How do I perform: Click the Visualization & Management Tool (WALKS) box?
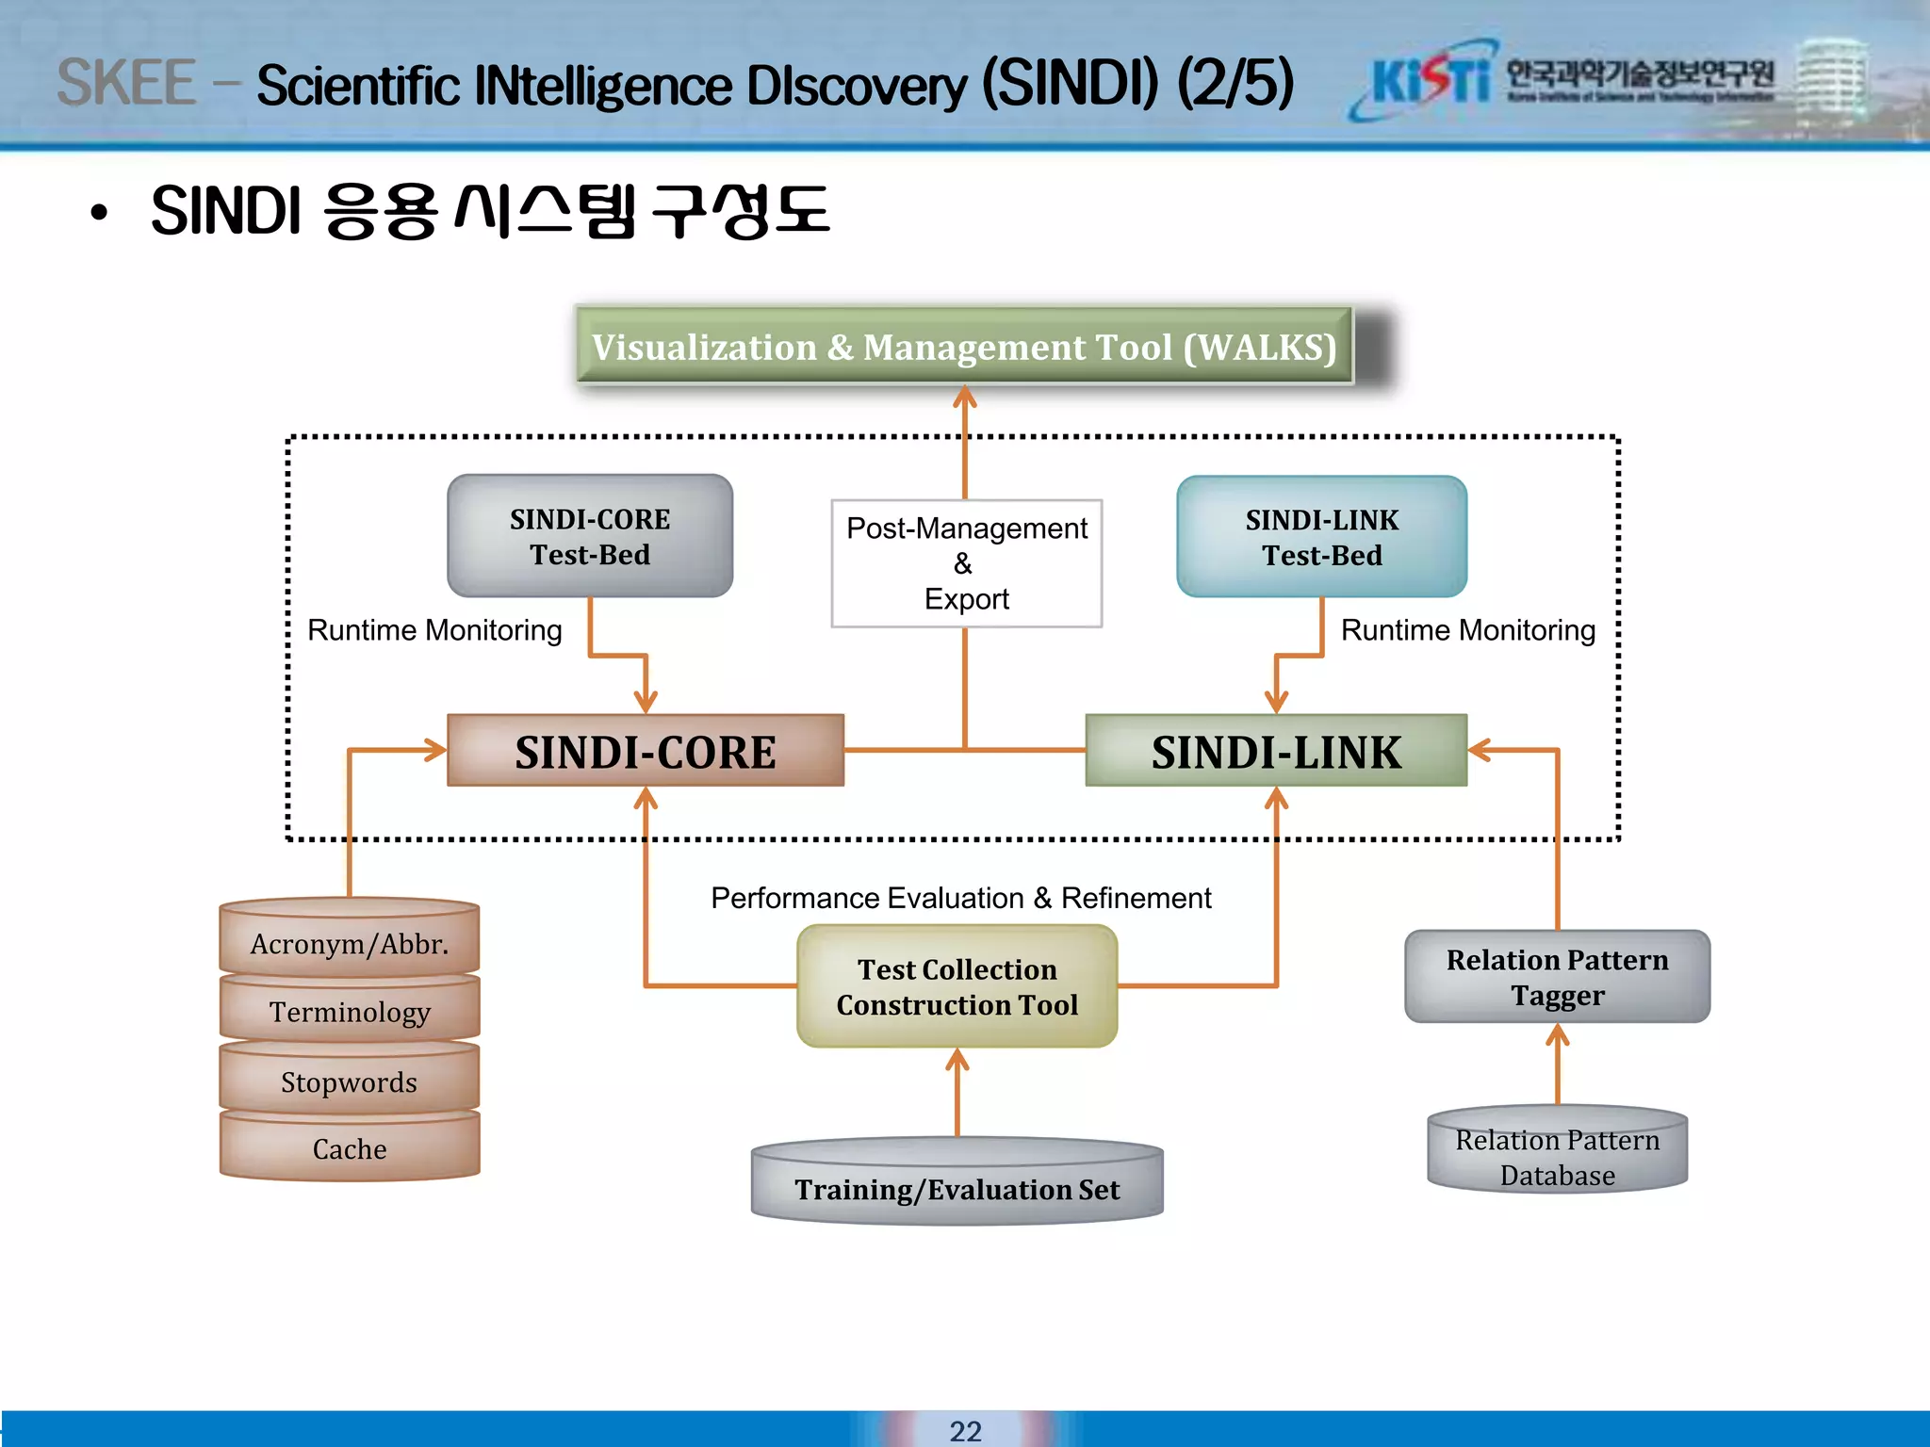point(963,347)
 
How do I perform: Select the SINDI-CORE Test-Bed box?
point(590,536)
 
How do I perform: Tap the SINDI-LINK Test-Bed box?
point(1321,537)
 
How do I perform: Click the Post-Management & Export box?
point(966,563)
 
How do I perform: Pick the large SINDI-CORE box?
point(646,751)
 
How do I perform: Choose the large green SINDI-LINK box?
point(1276,751)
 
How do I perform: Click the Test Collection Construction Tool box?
point(957,986)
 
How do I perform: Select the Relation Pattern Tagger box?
point(1557,977)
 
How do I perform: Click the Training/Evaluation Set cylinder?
point(957,1187)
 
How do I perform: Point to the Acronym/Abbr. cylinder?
point(350,942)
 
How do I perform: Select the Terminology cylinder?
point(350,1011)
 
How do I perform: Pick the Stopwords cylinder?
point(350,1081)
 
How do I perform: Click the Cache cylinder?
point(350,1148)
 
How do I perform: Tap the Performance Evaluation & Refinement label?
point(960,898)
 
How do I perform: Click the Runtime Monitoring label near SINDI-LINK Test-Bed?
point(1467,629)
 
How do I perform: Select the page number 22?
point(965,1430)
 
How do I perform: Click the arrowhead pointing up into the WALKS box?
point(964,398)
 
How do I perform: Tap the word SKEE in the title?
point(126,83)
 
